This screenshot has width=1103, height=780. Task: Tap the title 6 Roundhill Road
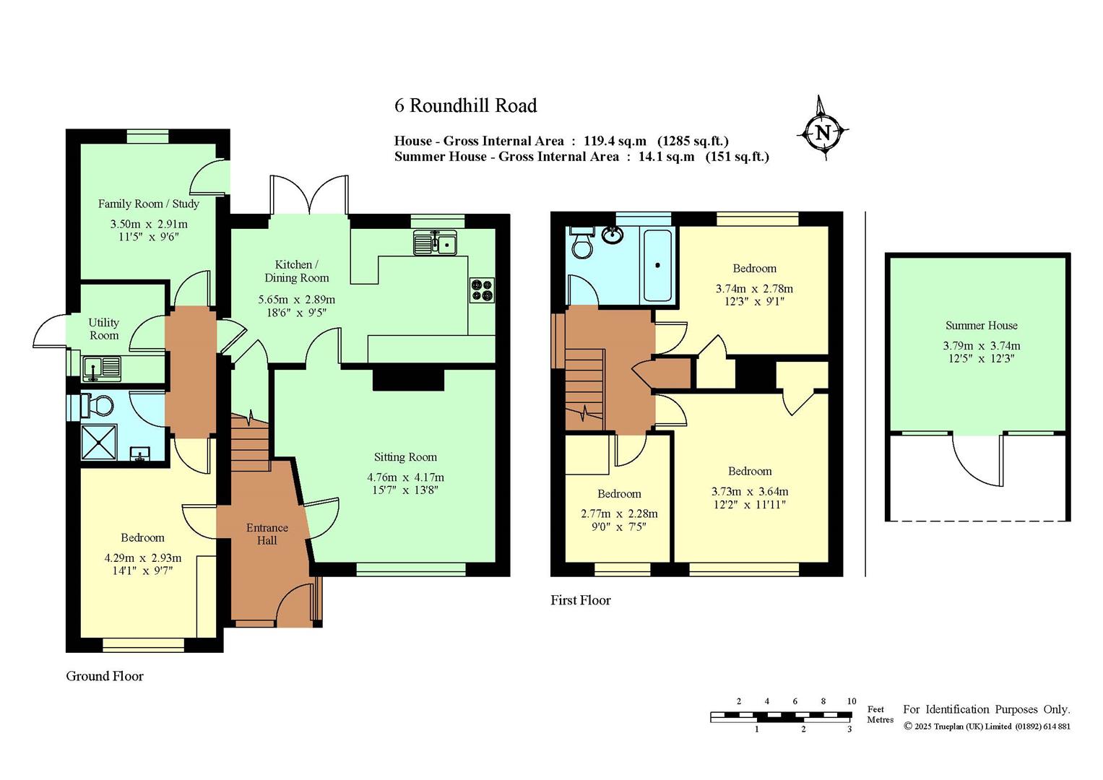point(465,105)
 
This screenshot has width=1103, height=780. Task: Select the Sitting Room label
point(405,457)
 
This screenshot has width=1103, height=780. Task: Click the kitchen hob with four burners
point(482,290)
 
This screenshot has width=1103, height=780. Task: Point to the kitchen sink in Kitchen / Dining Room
point(436,242)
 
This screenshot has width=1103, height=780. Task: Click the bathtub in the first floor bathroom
point(657,265)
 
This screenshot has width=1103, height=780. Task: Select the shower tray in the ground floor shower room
point(99,442)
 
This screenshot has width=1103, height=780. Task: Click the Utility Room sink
point(101,369)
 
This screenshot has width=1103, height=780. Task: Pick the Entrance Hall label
point(267,534)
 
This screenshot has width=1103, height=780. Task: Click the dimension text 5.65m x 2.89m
point(296,300)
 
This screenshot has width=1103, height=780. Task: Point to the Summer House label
point(982,326)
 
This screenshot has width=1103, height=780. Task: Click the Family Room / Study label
point(148,204)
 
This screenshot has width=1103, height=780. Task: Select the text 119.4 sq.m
point(615,142)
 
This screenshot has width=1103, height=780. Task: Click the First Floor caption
point(581,599)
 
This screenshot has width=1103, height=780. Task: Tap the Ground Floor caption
point(105,676)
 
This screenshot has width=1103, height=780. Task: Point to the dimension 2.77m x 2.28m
point(619,513)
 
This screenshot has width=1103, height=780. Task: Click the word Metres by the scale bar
point(880,719)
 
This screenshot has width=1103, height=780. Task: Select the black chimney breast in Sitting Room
point(408,379)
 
